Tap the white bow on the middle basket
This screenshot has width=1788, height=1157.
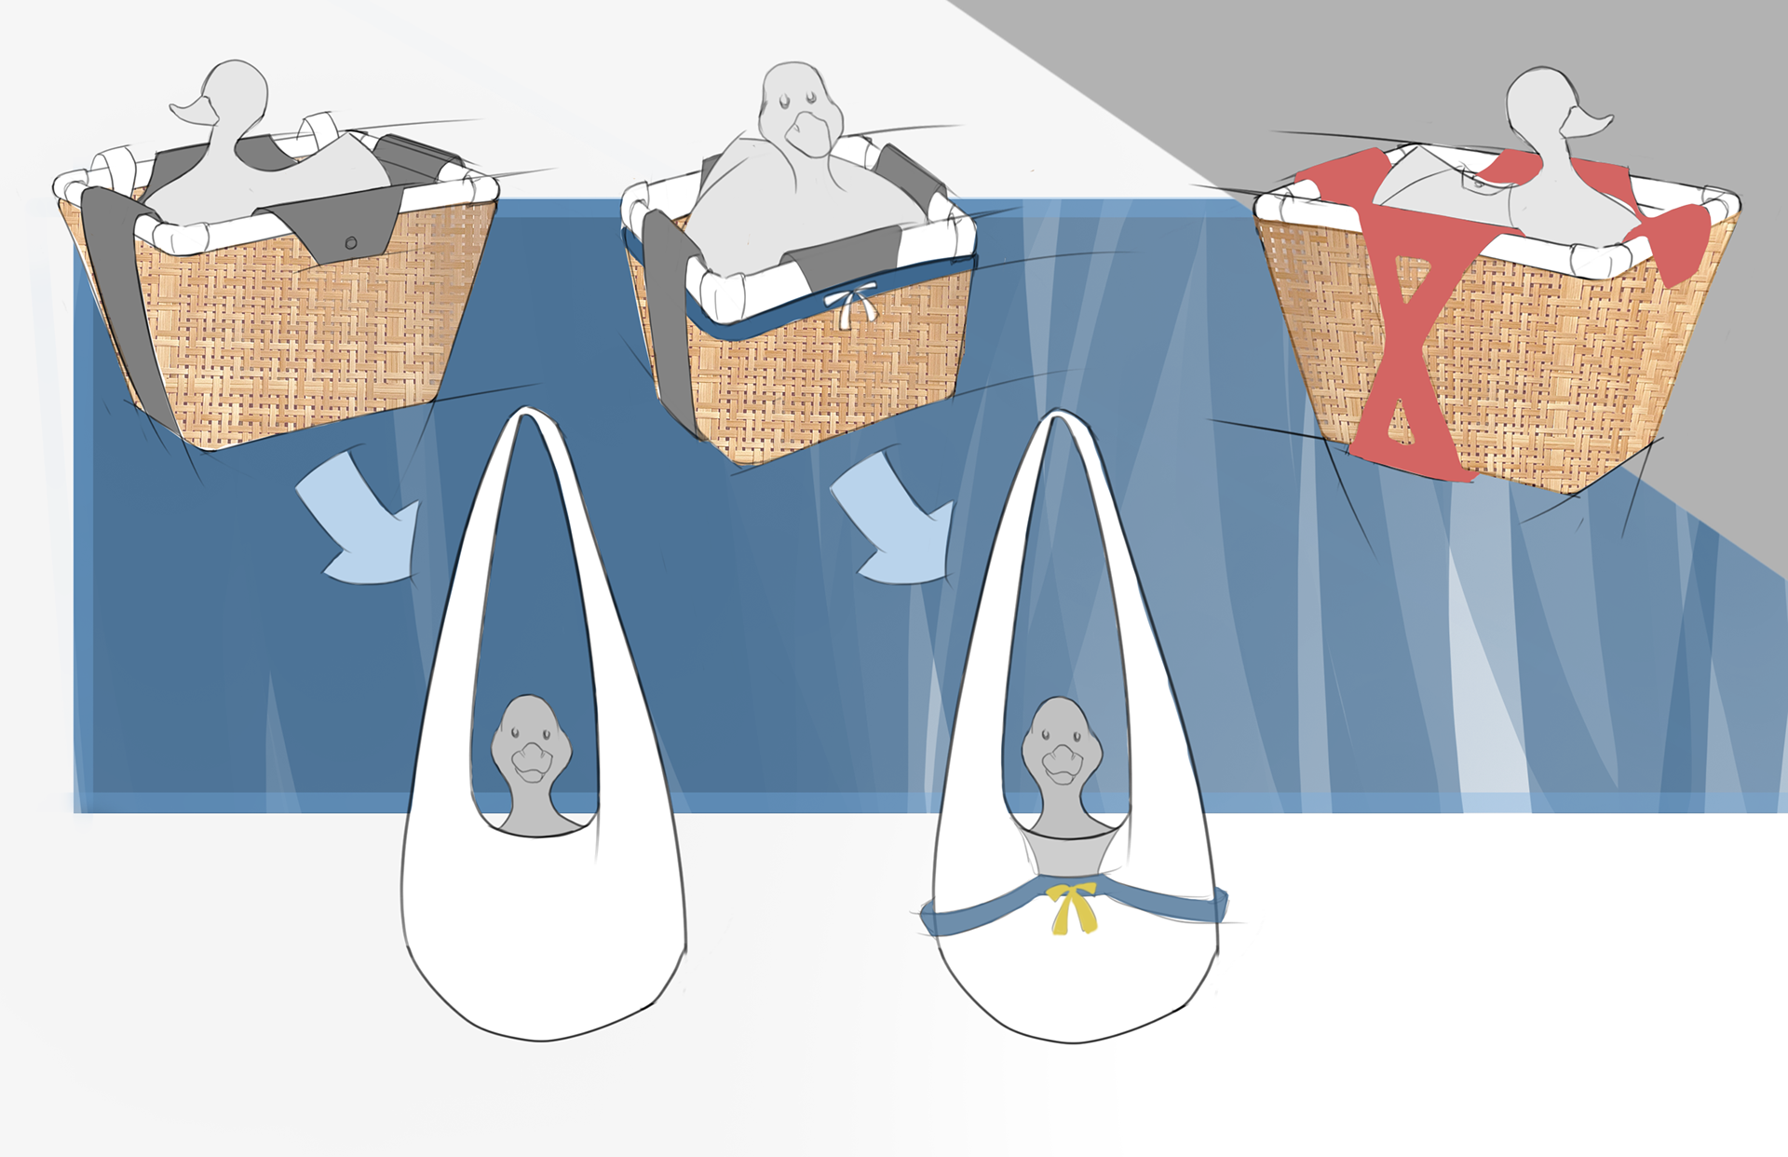click(x=851, y=302)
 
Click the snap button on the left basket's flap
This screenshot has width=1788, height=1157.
click(x=350, y=243)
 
